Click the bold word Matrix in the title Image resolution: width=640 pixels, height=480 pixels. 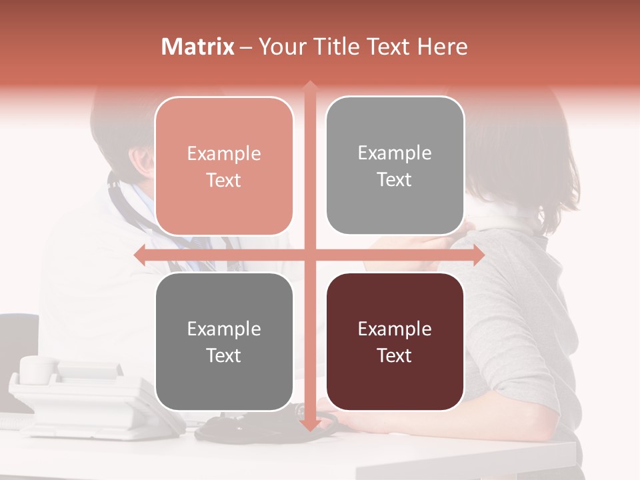click(198, 47)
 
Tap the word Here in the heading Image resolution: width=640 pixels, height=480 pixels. click(442, 47)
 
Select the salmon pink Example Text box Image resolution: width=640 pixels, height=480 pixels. click(224, 167)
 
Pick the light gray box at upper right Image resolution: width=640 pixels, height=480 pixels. click(395, 166)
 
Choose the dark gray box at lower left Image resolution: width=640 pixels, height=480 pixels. click(224, 342)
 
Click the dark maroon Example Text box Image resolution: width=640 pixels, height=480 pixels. click(395, 342)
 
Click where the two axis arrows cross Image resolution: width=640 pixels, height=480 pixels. click(309, 255)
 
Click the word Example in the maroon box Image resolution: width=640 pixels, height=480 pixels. click(395, 329)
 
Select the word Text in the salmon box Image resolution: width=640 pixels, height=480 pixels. click(224, 180)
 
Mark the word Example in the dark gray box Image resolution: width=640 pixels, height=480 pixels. click(224, 329)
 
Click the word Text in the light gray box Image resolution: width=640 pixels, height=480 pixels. click(395, 179)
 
